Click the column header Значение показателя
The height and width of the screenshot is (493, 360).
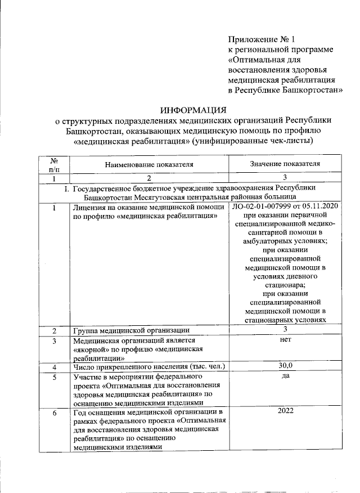[285, 164]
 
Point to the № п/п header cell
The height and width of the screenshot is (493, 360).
[54, 164]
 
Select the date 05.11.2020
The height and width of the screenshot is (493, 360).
[318, 209]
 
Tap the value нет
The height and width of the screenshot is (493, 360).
[285, 340]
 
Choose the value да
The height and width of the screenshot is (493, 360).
[285, 376]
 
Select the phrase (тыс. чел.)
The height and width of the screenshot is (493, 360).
[205, 367]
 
